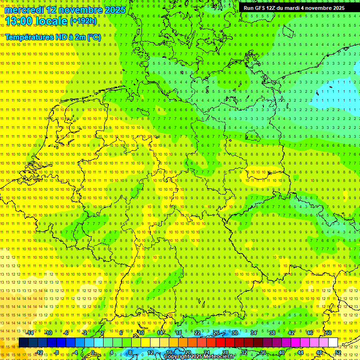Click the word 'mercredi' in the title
pyautogui.click(x=24, y=10)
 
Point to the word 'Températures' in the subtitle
pyautogui.click(x=29, y=37)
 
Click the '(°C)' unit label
pyautogui.click(x=94, y=37)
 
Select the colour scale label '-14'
pyautogui.click(x=30, y=333)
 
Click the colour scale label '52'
pyautogui.click(x=338, y=352)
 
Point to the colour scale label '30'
pyautogui.click(x=234, y=333)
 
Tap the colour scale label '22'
pyautogui.click(x=197, y=333)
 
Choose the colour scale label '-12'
pyautogui.click(x=39, y=352)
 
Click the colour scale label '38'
pyautogui.click(x=272, y=333)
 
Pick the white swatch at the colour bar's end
pyautogui.click(x=333, y=343)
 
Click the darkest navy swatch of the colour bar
pyautogui.click(x=23, y=343)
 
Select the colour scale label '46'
pyautogui.click(x=309, y=333)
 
